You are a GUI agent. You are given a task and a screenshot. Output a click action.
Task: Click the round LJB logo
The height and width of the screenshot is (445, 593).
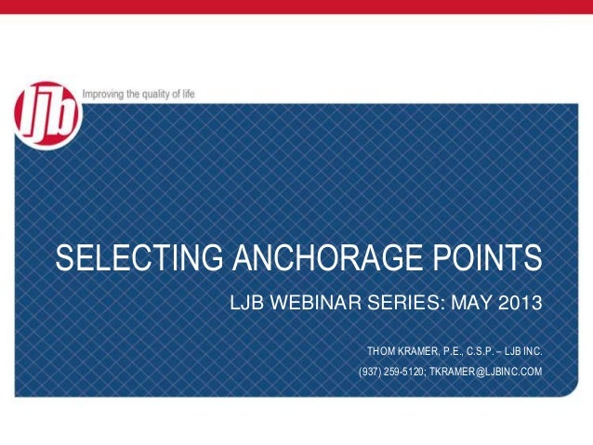(x=47, y=113)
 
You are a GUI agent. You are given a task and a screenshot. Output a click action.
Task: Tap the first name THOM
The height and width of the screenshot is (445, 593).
(x=381, y=352)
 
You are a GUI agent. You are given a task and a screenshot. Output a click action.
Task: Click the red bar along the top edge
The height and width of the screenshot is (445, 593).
(x=296, y=7)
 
